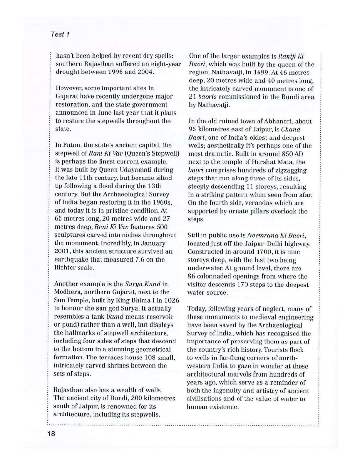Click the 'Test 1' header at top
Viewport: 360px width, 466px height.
(x=60, y=34)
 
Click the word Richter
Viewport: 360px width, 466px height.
(x=65, y=268)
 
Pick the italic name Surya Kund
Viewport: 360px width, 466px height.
(x=143, y=284)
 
